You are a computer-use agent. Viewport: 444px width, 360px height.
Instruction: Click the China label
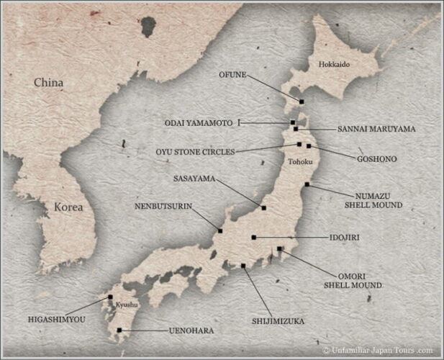(49, 83)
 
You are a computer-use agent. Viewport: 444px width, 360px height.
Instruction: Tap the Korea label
(69, 207)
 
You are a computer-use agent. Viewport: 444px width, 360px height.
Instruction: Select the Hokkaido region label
(334, 64)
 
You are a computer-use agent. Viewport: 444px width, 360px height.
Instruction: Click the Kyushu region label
(127, 305)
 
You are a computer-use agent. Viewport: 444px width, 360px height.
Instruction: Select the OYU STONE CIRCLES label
(195, 151)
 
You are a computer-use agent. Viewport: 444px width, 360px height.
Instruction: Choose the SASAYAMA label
(195, 178)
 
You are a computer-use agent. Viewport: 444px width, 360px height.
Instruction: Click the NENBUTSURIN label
(163, 206)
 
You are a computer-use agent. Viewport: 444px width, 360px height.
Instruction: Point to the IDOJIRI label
(345, 237)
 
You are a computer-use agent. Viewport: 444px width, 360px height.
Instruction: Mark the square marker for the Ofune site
(302, 102)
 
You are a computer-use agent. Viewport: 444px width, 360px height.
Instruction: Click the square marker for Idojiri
(254, 237)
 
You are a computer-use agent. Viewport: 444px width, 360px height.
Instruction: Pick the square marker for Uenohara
(119, 330)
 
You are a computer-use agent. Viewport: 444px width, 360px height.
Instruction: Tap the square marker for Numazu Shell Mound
(307, 185)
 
